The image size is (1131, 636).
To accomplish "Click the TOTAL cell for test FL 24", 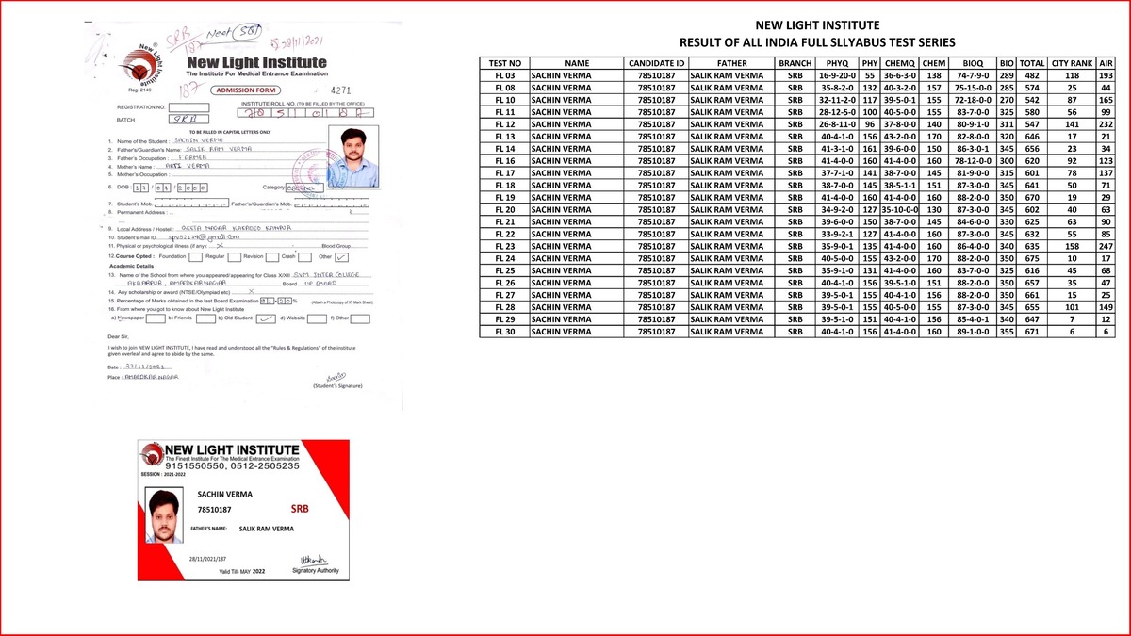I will [1032, 258].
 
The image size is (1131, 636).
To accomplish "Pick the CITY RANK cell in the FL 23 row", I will [1071, 246].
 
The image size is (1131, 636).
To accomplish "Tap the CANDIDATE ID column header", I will [656, 63].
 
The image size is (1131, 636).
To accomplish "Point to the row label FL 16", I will [504, 160].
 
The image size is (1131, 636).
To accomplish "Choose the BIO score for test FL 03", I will [1007, 74].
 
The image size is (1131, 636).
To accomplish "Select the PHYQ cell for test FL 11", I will [835, 111].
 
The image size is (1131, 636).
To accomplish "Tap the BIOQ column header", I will [972, 63].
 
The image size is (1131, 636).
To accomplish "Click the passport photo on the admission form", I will [352, 158].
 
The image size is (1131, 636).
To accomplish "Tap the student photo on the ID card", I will [167, 515].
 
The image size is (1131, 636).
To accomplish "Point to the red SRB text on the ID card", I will [300, 509].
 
